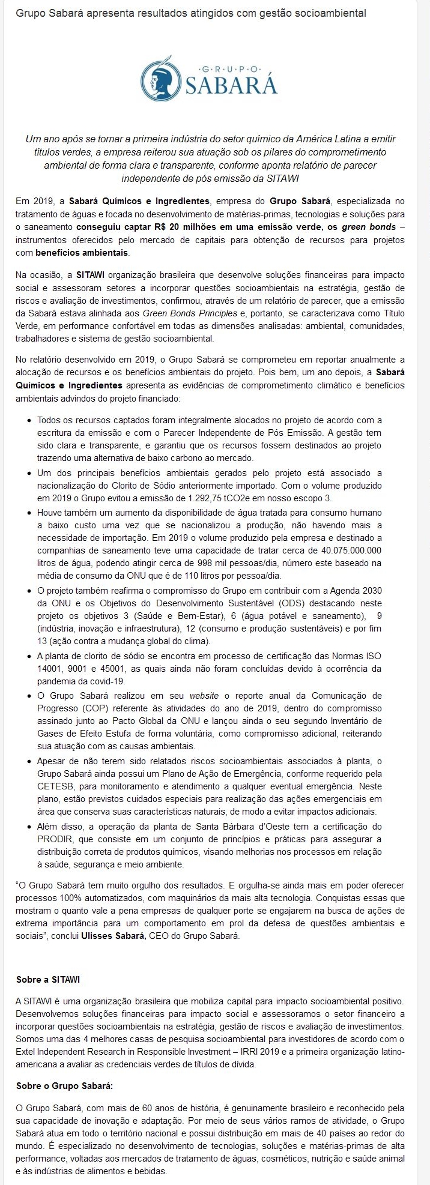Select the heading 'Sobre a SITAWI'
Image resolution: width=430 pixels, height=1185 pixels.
(x=48, y=979)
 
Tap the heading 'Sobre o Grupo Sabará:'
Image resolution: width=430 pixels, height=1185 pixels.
(x=64, y=1086)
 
